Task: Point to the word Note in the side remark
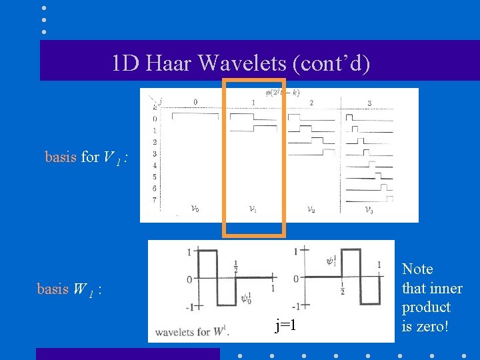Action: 418,269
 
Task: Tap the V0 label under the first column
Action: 194,209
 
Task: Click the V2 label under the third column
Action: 311,209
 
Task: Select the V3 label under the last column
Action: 369,209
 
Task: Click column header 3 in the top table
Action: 369,103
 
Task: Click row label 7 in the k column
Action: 155,200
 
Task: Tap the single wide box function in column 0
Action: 195,116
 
